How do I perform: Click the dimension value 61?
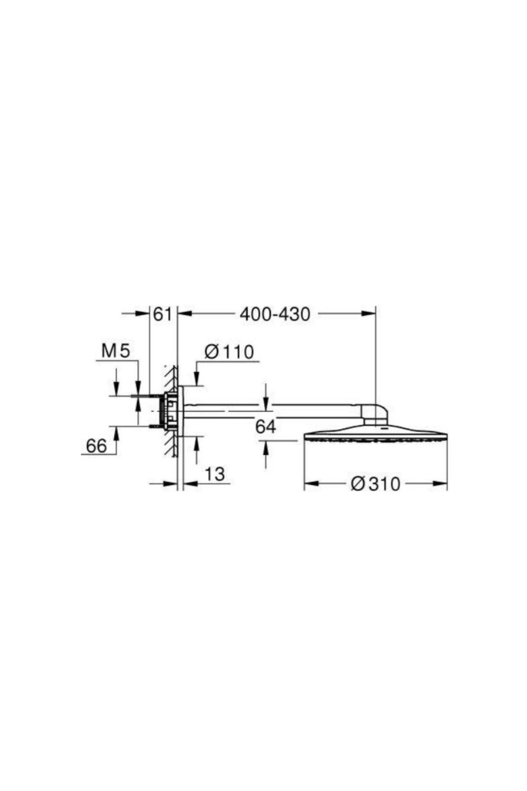(162, 314)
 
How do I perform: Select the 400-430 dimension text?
(275, 314)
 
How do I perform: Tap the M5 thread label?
(116, 351)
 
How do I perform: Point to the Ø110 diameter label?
(229, 352)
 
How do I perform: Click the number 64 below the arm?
(266, 426)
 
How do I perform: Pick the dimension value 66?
(96, 446)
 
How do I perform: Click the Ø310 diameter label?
(375, 484)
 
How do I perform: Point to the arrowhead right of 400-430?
(369, 313)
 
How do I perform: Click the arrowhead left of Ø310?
(311, 484)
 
